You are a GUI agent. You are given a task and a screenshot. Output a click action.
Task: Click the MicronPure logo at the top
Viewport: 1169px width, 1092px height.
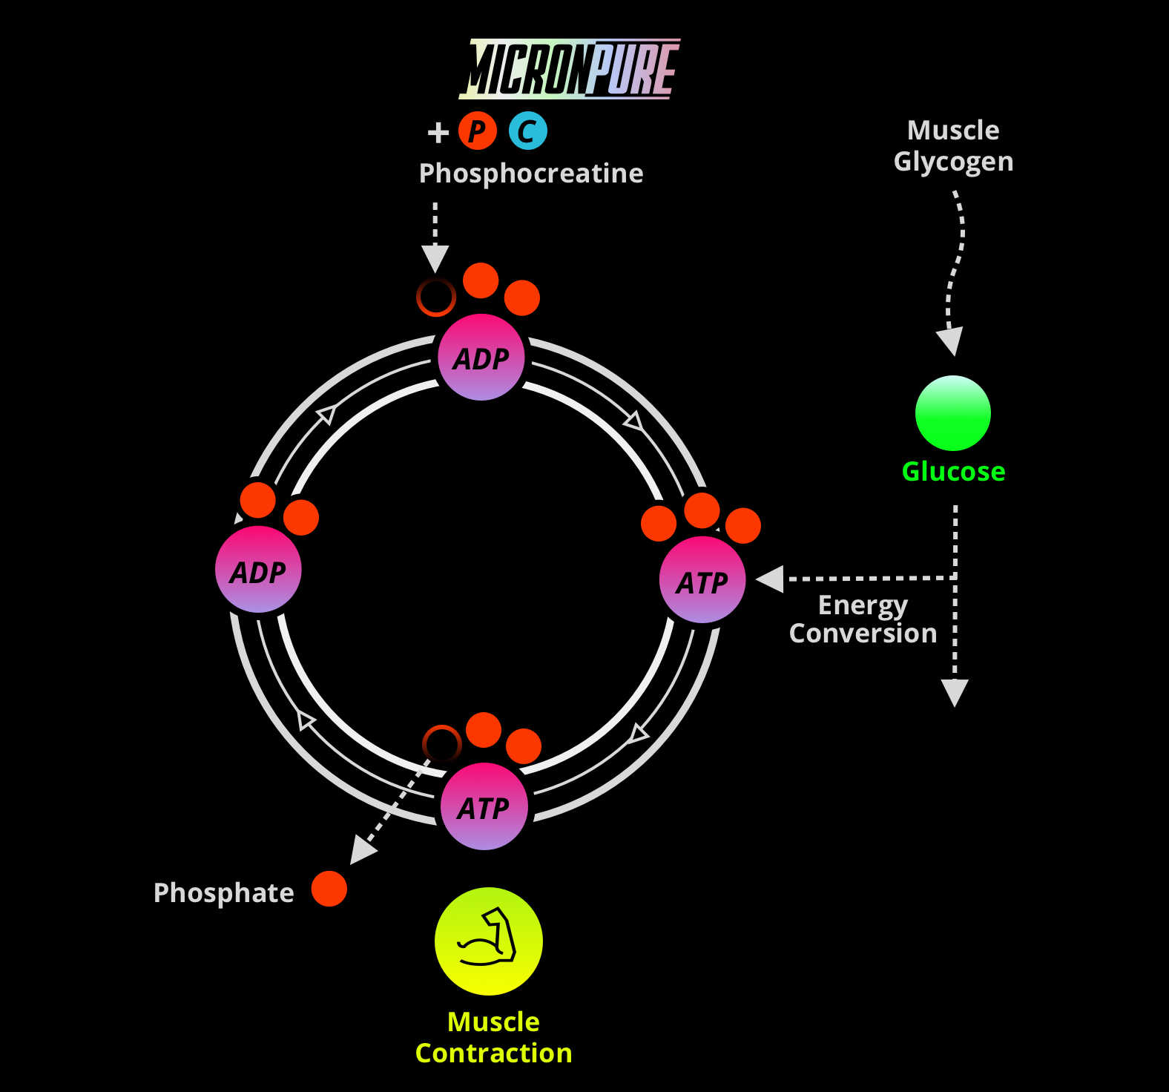pyautogui.click(x=570, y=69)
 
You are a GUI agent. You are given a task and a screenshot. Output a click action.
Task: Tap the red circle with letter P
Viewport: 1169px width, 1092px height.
pyautogui.click(x=477, y=131)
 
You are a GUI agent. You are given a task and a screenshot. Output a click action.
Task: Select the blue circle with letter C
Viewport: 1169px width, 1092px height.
pyautogui.click(x=527, y=131)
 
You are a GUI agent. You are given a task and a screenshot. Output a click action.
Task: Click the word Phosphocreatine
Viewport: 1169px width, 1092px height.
pyautogui.click(x=531, y=174)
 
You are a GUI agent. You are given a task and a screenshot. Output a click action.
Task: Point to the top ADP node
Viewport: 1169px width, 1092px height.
pyautogui.click(x=481, y=358)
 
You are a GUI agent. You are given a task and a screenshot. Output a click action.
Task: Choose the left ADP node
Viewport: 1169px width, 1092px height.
pyautogui.click(x=258, y=570)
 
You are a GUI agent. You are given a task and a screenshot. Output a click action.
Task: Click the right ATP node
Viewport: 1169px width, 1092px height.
pyautogui.click(x=702, y=581)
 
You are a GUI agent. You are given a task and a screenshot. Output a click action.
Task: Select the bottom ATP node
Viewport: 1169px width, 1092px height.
pyautogui.click(x=484, y=806)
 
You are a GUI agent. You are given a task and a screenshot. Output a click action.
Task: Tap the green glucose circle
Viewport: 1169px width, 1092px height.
pyautogui.click(x=952, y=413)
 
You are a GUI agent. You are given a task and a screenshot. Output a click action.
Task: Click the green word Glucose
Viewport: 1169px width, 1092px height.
pyautogui.click(x=953, y=472)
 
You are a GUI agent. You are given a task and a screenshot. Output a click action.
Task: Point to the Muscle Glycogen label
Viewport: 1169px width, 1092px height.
pyautogui.click(x=953, y=146)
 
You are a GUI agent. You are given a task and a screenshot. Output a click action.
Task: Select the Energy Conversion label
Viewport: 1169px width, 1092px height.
pyautogui.click(x=863, y=619)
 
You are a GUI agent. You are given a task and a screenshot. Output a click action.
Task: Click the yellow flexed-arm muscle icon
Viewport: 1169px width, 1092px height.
pyautogui.click(x=488, y=941)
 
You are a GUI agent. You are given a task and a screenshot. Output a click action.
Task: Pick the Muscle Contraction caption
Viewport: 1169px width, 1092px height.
pyautogui.click(x=493, y=1037)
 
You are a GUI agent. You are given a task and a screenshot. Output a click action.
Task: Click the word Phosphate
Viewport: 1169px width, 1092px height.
pyautogui.click(x=223, y=892)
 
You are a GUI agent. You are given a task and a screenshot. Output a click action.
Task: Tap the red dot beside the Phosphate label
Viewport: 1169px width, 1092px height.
pyautogui.click(x=329, y=889)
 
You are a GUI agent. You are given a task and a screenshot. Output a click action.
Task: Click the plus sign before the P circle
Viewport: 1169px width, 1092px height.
pyautogui.click(x=438, y=132)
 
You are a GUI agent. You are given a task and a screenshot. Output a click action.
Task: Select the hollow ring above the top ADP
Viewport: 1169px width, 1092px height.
pyautogui.click(x=435, y=297)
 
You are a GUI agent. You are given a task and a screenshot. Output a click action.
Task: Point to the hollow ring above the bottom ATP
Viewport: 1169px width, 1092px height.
pyautogui.click(x=441, y=743)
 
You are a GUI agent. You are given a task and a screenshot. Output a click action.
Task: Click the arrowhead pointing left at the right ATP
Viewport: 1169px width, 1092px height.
pyautogui.click(x=771, y=579)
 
